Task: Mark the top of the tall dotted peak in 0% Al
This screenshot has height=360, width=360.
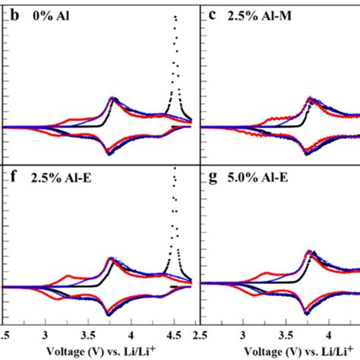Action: click(175, 15)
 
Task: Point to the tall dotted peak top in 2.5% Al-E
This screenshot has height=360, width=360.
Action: click(175, 169)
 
